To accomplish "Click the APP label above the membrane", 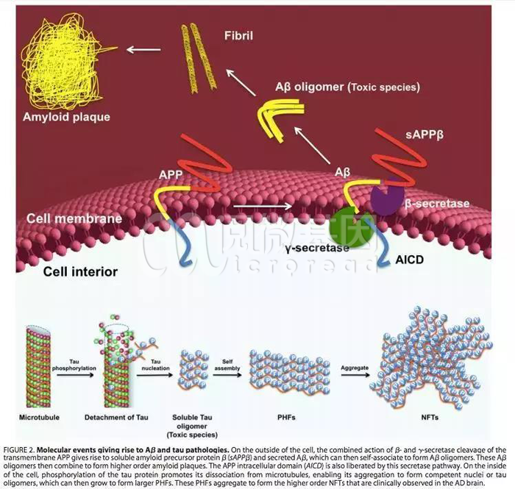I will pyautogui.click(x=171, y=176).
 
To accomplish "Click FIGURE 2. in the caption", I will pyautogui.click(x=25, y=448).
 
